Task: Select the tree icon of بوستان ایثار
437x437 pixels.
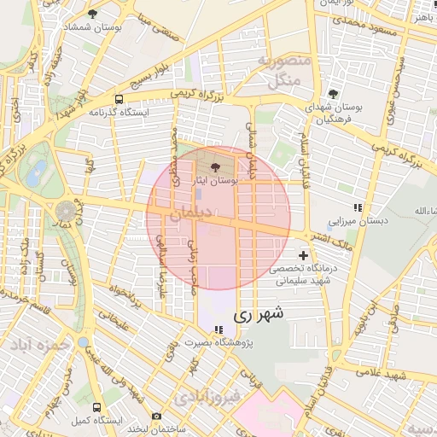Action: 213,154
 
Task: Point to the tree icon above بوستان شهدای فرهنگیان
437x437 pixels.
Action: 333,94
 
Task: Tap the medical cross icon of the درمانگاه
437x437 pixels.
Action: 304,255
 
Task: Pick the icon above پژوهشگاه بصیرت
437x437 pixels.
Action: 219,329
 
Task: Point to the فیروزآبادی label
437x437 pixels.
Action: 208,398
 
